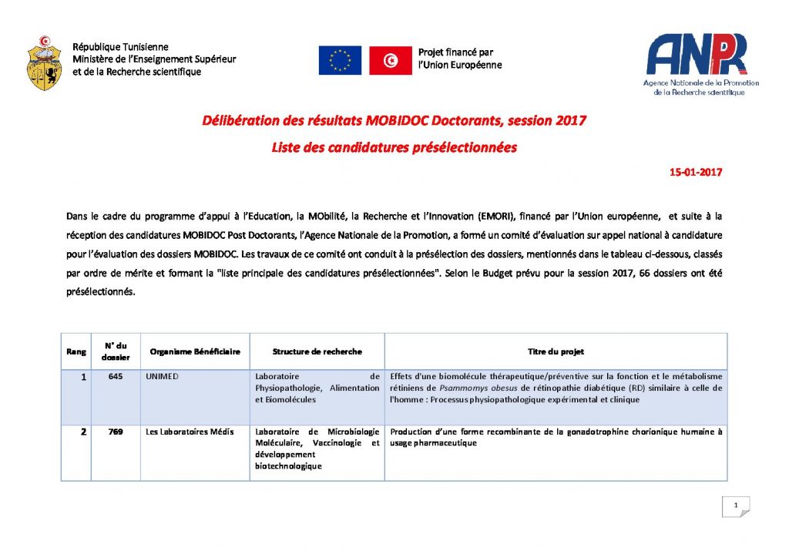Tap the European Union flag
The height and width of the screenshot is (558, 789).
click(340, 60)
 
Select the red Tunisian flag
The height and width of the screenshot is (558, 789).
click(390, 60)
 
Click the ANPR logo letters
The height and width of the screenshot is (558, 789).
click(696, 55)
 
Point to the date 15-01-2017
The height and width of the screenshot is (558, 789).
click(696, 173)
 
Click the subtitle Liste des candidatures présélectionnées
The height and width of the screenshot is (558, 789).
click(394, 147)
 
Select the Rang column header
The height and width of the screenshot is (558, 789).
click(76, 351)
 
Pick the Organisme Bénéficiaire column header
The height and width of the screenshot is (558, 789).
click(195, 351)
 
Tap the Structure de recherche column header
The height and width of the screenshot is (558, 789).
click(317, 351)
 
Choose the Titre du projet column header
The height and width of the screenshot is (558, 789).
click(556, 351)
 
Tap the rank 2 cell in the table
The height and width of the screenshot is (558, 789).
click(82, 432)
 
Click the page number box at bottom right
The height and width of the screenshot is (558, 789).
click(736, 506)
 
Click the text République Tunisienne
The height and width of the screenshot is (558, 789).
click(120, 48)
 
